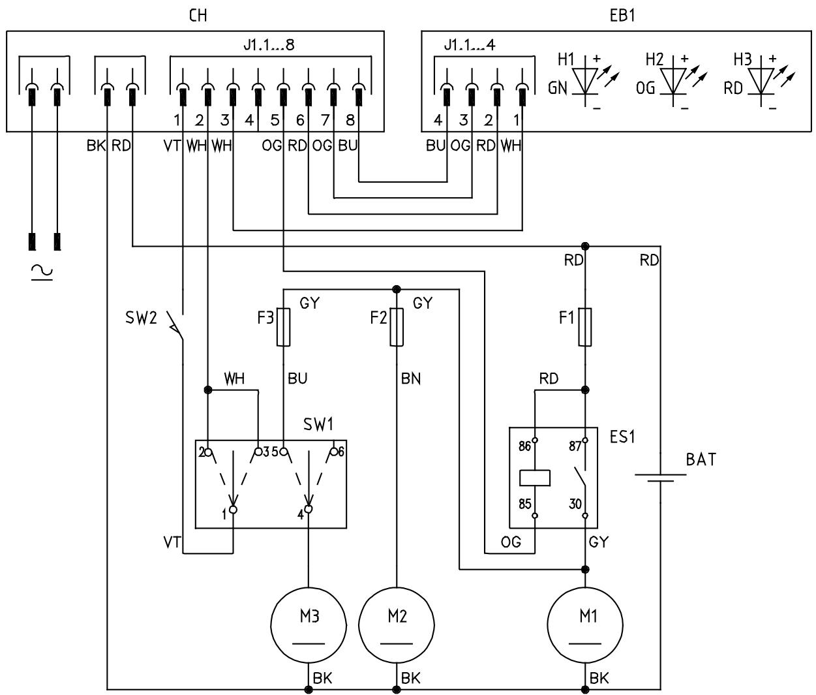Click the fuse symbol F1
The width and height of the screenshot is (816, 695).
(x=585, y=327)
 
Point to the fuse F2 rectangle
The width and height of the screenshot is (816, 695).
(x=397, y=327)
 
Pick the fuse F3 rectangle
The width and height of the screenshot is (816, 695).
(x=283, y=327)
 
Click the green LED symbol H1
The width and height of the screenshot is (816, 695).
(x=585, y=82)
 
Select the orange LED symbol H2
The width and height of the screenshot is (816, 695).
(x=673, y=82)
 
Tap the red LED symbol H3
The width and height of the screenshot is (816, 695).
(x=761, y=82)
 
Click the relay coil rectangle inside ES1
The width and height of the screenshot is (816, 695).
(x=534, y=478)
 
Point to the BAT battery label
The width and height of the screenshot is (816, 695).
(x=701, y=459)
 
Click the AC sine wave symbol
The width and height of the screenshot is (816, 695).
(x=42, y=271)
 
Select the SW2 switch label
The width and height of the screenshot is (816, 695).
(x=141, y=317)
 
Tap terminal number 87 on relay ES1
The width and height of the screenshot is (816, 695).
(x=575, y=446)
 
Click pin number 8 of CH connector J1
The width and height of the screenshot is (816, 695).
(x=350, y=119)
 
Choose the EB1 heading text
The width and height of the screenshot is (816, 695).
(x=622, y=16)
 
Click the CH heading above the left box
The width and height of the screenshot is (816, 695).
(x=198, y=16)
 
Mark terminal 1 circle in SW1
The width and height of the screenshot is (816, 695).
(x=233, y=510)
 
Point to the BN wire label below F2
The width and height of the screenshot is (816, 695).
(x=410, y=378)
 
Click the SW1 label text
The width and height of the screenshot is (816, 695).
(x=318, y=424)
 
